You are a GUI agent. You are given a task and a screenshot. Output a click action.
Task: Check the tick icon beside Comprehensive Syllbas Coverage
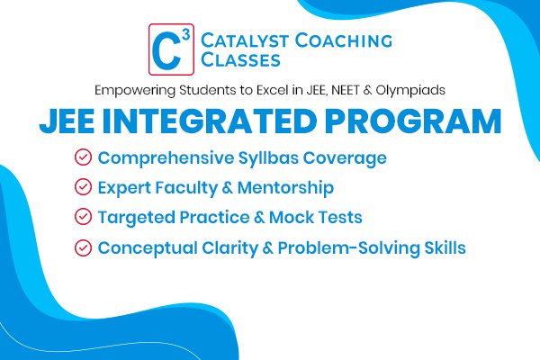(83, 158)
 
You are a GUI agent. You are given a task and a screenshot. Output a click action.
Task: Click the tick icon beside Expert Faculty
(83, 187)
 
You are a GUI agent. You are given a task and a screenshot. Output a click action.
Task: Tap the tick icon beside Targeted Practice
(83, 217)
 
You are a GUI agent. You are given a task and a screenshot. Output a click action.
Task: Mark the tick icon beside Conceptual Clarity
(83, 247)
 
